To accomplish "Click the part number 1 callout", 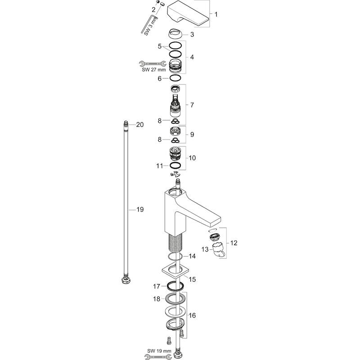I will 216,15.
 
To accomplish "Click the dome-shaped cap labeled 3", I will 175,35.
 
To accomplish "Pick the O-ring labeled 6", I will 176,79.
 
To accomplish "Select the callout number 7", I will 192,105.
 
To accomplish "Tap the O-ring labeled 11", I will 176,166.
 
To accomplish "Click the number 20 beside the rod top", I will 139,125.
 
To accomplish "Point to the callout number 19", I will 139,209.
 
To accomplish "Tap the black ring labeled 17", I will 176,286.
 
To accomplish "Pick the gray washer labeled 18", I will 176,299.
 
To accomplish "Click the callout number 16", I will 192,316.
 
